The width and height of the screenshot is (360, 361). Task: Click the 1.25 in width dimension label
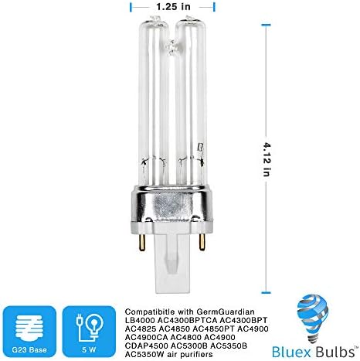tap(173, 7)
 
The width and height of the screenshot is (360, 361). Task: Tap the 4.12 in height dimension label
tap(267, 158)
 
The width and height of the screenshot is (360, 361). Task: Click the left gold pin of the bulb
tap(142, 242)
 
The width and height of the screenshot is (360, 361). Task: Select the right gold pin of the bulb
tap(202, 241)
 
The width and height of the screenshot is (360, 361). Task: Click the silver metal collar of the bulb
tap(172, 208)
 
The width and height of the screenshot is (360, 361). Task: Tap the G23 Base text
tap(29, 349)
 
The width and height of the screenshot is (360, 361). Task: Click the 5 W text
tap(89, 349)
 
